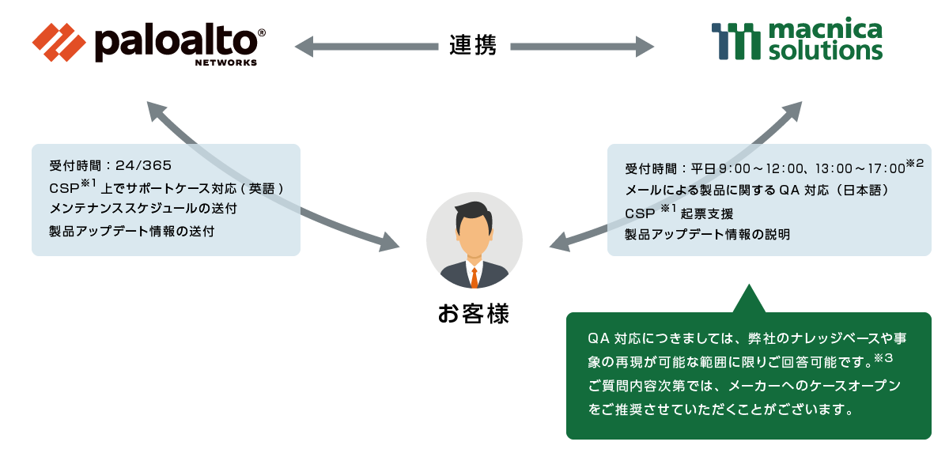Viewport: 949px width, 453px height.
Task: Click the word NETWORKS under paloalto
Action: click(x=225, y=62)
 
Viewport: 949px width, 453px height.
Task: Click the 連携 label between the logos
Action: click(x=473, y=46)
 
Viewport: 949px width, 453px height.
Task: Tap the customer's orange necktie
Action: click(x=474, y=276)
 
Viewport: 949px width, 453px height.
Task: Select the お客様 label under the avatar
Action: click(x=474, y=314)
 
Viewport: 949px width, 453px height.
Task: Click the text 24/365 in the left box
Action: click(x=143, y=165)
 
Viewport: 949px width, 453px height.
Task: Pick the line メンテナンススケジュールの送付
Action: click(x=142, y=210)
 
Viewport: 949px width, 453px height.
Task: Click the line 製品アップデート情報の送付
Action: click(x=131, y=232)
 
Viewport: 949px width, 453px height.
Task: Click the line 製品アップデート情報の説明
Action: click(x=707, y=235)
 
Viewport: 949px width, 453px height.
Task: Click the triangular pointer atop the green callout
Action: click(x=749, y=300)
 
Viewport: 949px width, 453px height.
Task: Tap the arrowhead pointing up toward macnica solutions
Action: click(x=795, y=109)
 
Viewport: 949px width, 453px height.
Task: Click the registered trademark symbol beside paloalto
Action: click(x=262, y=32)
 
